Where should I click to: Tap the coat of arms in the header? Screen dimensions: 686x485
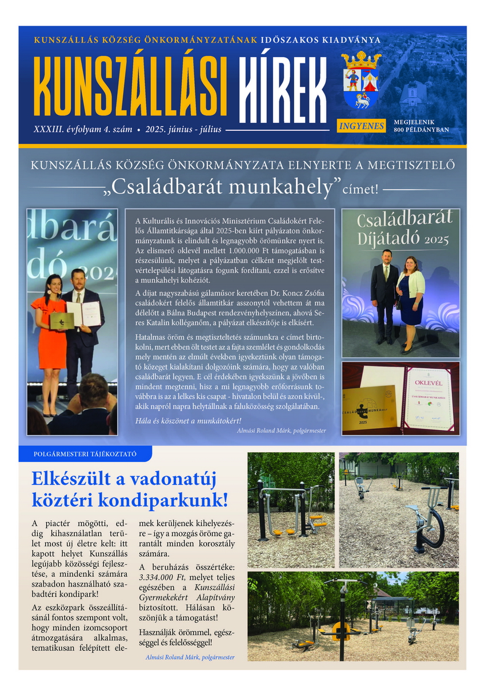coord(360,80)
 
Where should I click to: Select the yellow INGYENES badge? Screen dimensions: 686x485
coord(360,125)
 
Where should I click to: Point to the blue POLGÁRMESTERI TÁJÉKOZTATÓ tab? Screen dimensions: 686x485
coord(86,454)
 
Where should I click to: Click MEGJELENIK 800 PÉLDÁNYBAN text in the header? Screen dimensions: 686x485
coord(421,126)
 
